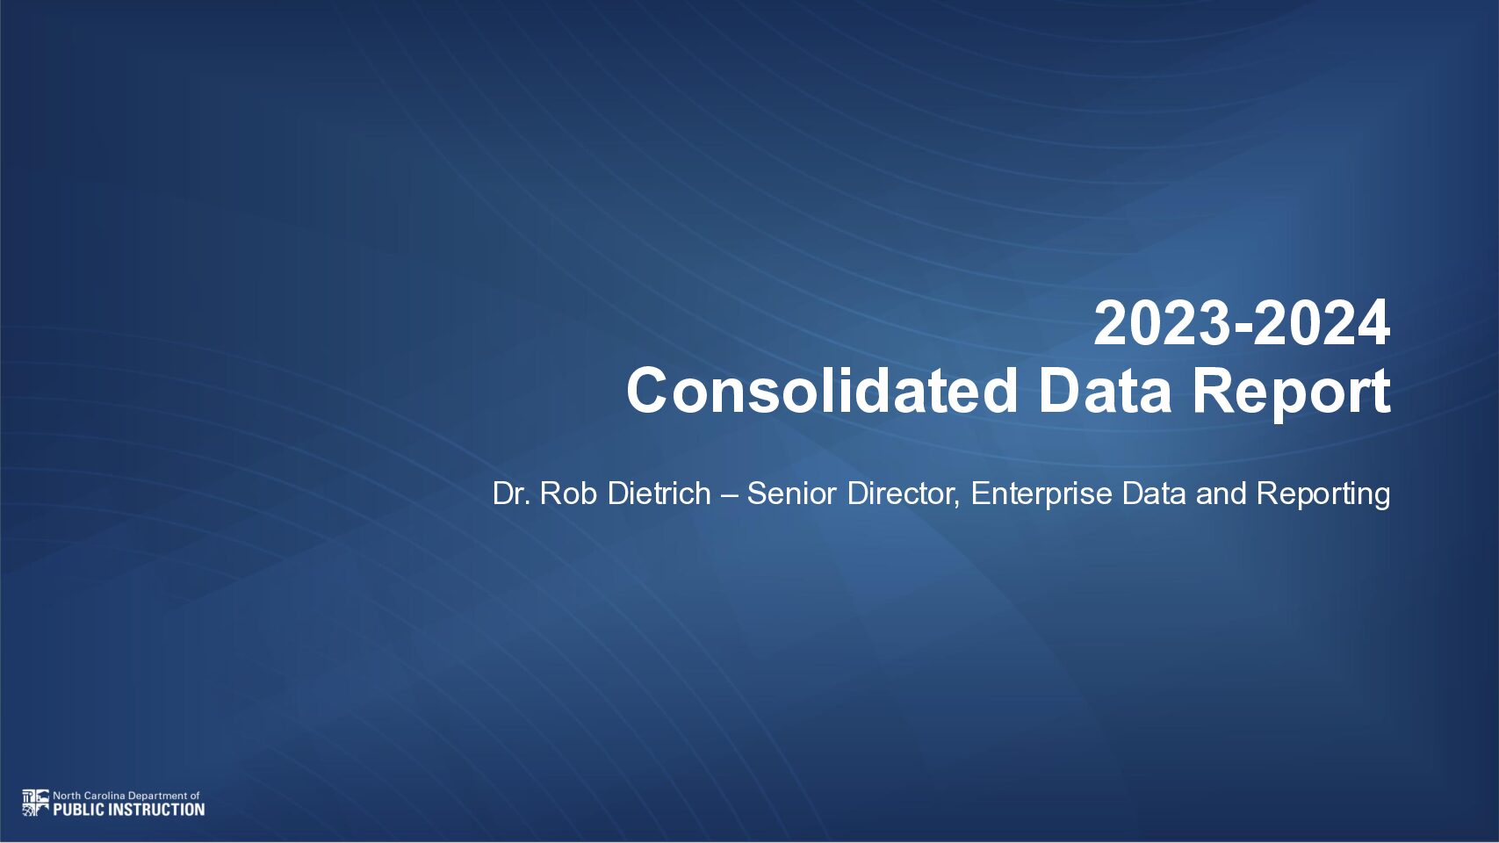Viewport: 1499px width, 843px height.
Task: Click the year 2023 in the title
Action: tap(1161, 324)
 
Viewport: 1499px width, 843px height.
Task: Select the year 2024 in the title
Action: tap(1322, 324)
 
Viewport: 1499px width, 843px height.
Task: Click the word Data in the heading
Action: tap(1105, 391)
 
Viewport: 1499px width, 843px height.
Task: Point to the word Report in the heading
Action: tap(1292, 395)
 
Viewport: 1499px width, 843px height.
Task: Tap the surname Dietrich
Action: tap(659, 494)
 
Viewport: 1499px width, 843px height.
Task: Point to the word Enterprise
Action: tap(1041, 496)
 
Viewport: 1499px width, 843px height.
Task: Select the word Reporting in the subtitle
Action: tap(1323, 496)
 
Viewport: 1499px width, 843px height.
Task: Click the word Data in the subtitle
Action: tap(1154, 494)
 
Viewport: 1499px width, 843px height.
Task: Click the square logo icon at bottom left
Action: tap(35, 803)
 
